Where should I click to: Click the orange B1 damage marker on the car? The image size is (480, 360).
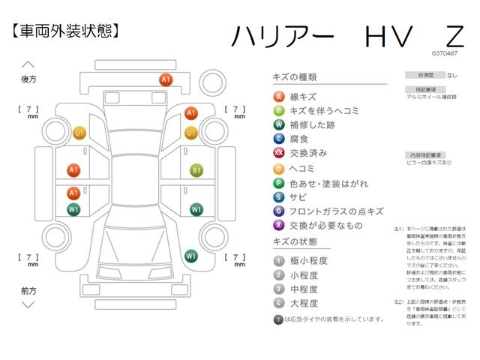click(x=196, y=170)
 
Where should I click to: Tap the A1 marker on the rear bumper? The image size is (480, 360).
click(x=166, y=79)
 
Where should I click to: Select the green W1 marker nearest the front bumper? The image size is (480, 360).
click(x=190, y=256)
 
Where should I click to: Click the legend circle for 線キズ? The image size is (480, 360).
click(x=279, y=97)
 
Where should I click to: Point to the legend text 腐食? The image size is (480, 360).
click(x=298, y=139)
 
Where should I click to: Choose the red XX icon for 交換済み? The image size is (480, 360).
click(x=279, y=153)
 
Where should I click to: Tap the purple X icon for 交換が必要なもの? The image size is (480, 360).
click(x=279, y=225)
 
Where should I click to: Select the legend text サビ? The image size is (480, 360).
click(x=298, y=196)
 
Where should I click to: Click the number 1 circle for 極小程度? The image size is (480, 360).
click(x=279, y=260)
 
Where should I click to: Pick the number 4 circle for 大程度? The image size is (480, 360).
click(x=279, y=303)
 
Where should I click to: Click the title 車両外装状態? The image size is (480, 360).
click(x=66, y=31)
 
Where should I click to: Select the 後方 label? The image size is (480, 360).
click(x=29, y=78)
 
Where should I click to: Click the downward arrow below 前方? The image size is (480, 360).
click(x=29, y=305)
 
